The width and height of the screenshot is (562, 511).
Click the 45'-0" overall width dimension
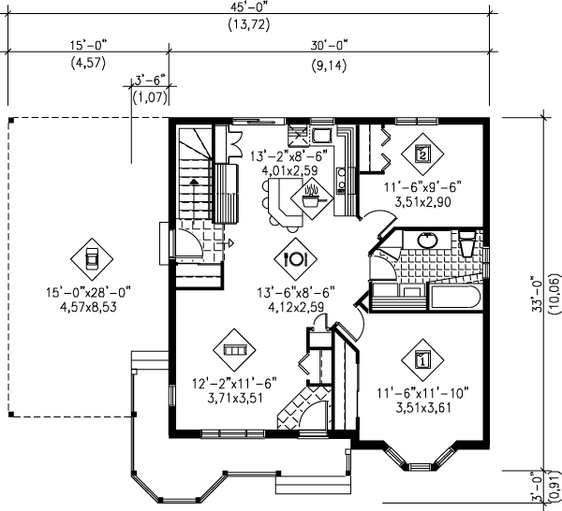pyautogui.click(x=248, y=7)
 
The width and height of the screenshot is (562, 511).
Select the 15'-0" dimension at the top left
pyautogui.click(x=88, y=44)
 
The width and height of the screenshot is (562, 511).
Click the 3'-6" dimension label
pyautogui.click(x=150, y=80)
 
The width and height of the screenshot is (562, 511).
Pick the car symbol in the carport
pyautogui.click(x=91, y=257)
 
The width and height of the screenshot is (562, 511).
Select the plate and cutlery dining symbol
pyautogui.click(x=295, y=255)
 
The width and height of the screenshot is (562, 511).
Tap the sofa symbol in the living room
pyautogui.click(x=233, y=349)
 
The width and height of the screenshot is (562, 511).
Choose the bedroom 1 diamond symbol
pyautogui.click(x=421, y=358)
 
